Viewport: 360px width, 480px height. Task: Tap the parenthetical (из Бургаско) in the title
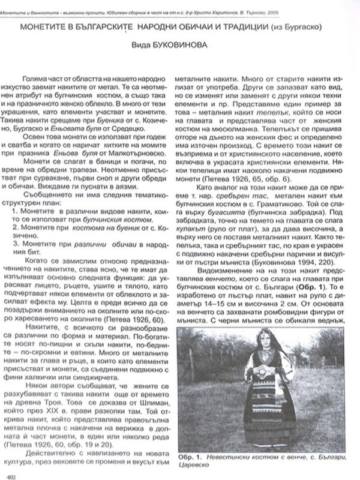click(305, 29)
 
